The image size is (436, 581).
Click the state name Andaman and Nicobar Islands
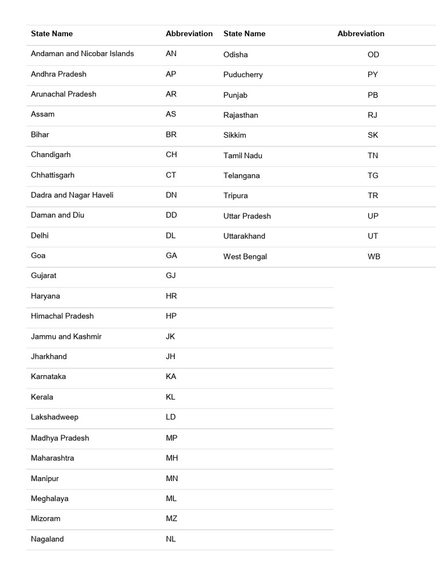coord(82,54)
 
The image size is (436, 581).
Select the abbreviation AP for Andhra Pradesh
coord(171,74)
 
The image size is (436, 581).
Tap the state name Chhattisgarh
coord(53,175)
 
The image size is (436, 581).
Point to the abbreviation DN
coord(171,195)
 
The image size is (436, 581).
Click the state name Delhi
coord(40,235)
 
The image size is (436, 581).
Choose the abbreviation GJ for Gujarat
coord(171,276)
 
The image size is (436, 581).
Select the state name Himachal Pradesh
coord(62,316)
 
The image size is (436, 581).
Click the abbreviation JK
coord(170,336)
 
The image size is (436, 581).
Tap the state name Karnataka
coord(48,377)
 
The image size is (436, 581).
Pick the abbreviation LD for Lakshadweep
coord(171,417)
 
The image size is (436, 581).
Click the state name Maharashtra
coord(52,458)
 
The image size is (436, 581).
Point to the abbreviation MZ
coord(171,519)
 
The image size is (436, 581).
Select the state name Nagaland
coord(47,539)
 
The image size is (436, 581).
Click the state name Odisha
coord(236,54)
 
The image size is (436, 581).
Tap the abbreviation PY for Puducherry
coord(373,75)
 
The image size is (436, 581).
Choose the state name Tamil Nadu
coord(243,155)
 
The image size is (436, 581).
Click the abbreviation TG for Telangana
coord(373,176)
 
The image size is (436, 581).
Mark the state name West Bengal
coord(245,256)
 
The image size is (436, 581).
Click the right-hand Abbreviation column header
coord(361,33)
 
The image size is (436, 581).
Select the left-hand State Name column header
coord(52,33)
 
